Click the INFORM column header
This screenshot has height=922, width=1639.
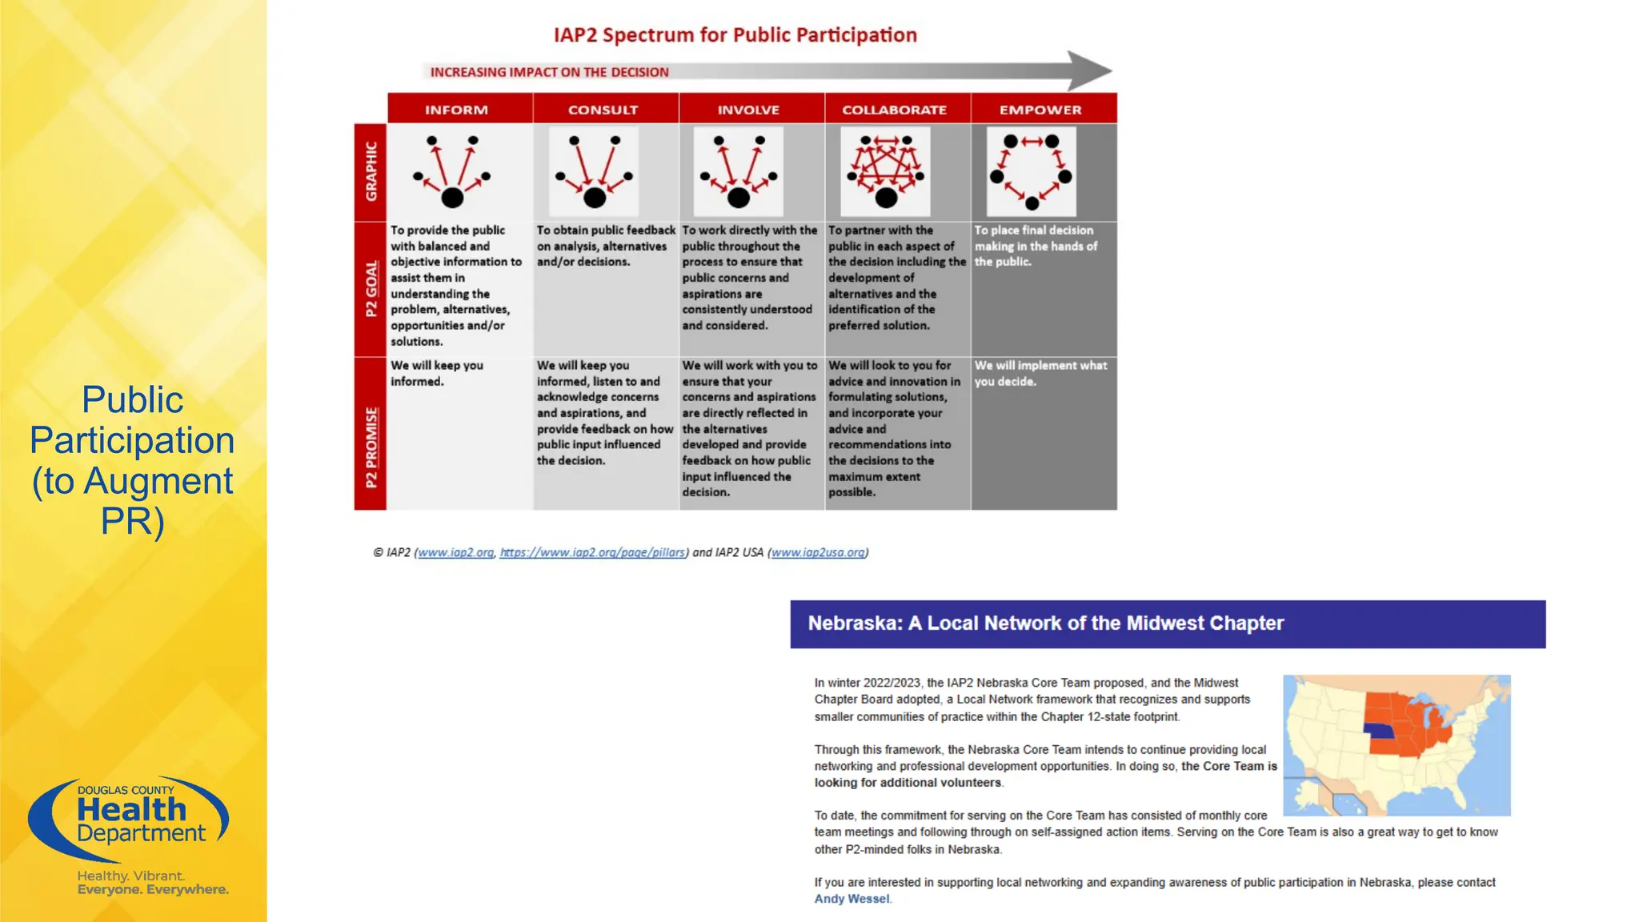(x=456, y=110)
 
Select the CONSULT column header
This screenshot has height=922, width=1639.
(x=603, y=110)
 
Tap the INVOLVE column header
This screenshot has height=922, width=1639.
(x=748, y=110)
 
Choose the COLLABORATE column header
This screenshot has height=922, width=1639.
(x=894, y=110)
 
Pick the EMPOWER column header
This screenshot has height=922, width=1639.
(x=1040, y=110)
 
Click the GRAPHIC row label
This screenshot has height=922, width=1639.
(x=371, y=171)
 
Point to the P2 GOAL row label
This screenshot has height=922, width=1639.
(x=371, y=288)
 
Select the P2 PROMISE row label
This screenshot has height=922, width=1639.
(x=371, y=447)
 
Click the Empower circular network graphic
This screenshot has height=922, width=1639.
(x=1031, y=171)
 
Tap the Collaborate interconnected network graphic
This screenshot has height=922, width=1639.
(x=885, y=171)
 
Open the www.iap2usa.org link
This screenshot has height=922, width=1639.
(x=818, y=552)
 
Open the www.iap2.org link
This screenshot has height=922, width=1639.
(x=455, y=552)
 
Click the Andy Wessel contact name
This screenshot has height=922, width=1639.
(x=852, y=899)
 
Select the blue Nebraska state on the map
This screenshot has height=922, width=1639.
(x=1378, y=732)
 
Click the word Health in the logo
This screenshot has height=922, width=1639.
(x=131, y=810)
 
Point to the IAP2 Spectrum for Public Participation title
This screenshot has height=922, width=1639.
(x=735, y=35)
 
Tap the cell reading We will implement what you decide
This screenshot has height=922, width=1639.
(x=1040, y=373)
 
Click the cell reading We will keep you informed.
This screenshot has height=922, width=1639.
(x=437, y=373)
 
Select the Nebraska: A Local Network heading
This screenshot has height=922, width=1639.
(x=1045, y=623)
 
